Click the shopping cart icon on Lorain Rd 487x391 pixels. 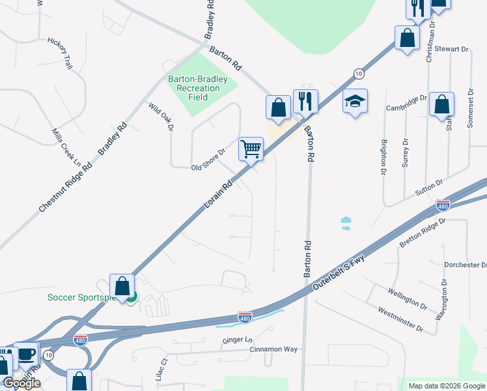click(251, 149)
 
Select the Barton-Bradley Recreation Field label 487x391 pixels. click(198, 88)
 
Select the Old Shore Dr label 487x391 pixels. click(208, 160)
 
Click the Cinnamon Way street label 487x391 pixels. click(273, 349)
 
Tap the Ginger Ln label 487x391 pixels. click(237, 340)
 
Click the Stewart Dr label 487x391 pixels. click(452, 49)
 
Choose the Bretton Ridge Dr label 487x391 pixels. click(423, 233)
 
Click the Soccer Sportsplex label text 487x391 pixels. click(81, 298)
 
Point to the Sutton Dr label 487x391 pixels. click(429, 187)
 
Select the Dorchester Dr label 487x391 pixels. click(465, 265)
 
